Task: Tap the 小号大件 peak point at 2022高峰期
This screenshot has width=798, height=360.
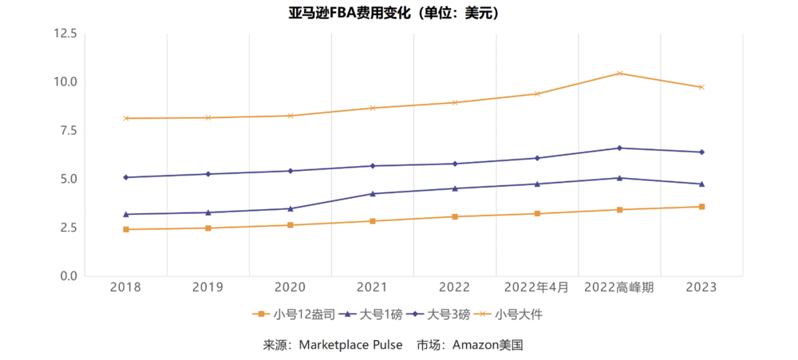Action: (x=619, y=73)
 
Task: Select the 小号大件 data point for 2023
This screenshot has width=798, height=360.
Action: (x=701, y=87)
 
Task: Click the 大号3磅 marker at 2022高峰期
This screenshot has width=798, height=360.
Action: (x=619, y=148)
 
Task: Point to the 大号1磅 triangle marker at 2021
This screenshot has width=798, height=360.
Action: (x=373, y=193)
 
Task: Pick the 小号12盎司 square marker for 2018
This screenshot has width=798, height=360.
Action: (x=126, y=229)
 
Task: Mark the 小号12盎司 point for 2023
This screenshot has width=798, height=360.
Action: (x=701, y=207)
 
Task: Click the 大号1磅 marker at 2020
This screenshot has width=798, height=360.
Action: (x=290, y=208)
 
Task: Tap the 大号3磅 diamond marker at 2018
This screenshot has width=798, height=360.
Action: (x=126, y=177)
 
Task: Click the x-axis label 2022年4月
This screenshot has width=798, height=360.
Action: (x=537, y=287)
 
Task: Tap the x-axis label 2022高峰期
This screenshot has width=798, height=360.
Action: (x=619, y=287)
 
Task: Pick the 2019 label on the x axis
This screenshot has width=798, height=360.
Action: (x=208, y=287)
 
